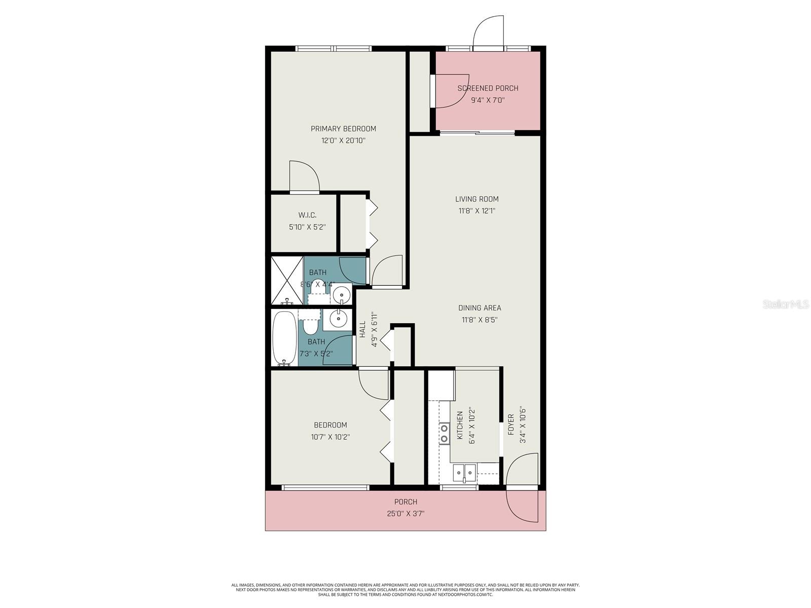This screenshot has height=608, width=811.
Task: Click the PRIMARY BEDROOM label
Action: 343,129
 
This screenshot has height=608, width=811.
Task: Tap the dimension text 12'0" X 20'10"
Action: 343,141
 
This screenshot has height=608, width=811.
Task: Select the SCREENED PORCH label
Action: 488,88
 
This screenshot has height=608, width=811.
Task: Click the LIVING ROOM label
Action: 476,199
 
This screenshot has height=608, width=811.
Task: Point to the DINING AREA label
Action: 480,308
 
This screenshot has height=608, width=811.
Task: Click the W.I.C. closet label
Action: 307,215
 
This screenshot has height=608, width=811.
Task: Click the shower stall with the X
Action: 287,280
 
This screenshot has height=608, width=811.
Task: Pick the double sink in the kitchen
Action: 464,473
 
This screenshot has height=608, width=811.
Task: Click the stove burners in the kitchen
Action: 444,433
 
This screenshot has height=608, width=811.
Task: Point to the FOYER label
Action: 511,425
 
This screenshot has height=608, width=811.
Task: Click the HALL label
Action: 362,330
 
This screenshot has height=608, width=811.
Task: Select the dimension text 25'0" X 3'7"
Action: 405,514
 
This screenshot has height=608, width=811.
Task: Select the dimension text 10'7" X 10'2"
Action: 330,437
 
